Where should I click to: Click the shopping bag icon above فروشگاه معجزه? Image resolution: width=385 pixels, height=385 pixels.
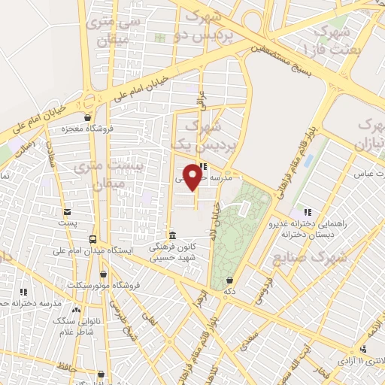pyautogui.click(x=89, y=117)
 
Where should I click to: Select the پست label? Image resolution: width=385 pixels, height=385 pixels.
pyautogui.click(x=67, y=223)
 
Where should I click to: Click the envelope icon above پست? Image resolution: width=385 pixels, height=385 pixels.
pyautogui.click(x=67, y=211)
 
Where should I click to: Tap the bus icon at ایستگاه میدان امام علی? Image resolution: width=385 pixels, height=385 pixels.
pyautogui.click(x=93, y=238)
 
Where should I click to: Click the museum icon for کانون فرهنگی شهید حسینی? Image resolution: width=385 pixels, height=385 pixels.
pyautogui.click(x=172, y=235)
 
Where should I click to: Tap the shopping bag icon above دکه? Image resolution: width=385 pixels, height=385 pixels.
pyautogui.click(x=229, y=280)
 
